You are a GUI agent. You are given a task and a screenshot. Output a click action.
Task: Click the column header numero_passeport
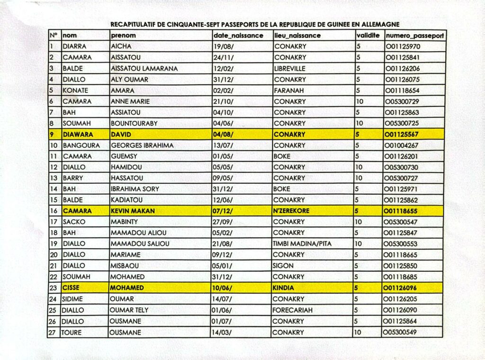pos(415,36)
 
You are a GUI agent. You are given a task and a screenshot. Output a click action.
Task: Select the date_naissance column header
pos(238,36)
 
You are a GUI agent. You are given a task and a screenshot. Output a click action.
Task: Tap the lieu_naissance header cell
pos(297,36)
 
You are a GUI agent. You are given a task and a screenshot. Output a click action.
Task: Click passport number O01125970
pos(403,46)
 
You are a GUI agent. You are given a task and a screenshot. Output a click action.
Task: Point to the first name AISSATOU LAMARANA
pos(144,68)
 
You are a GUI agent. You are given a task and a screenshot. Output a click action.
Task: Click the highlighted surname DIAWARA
pos(78,134)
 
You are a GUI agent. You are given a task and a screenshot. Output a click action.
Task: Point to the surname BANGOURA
pos(81,145)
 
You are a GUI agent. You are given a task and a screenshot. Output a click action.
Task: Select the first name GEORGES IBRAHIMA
pos(142,145)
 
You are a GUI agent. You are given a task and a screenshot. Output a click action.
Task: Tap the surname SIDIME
pos(72,299)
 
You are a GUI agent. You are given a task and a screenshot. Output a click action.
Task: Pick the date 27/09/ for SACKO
pos(223,222)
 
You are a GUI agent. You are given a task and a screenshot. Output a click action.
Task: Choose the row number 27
pos(53,333)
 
